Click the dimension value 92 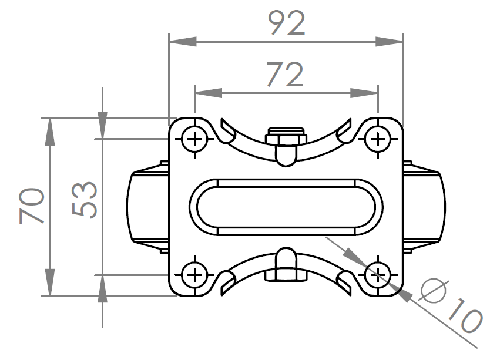coord(286,23)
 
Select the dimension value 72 coord(285,75)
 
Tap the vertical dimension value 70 coord(32,206)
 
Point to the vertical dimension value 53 coord(85,200)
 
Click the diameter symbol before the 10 coord(433,291)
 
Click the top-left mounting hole coord(194,139)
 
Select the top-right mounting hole coord(378,139)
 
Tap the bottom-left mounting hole coord(194,275)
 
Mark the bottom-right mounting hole coord(378,275)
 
